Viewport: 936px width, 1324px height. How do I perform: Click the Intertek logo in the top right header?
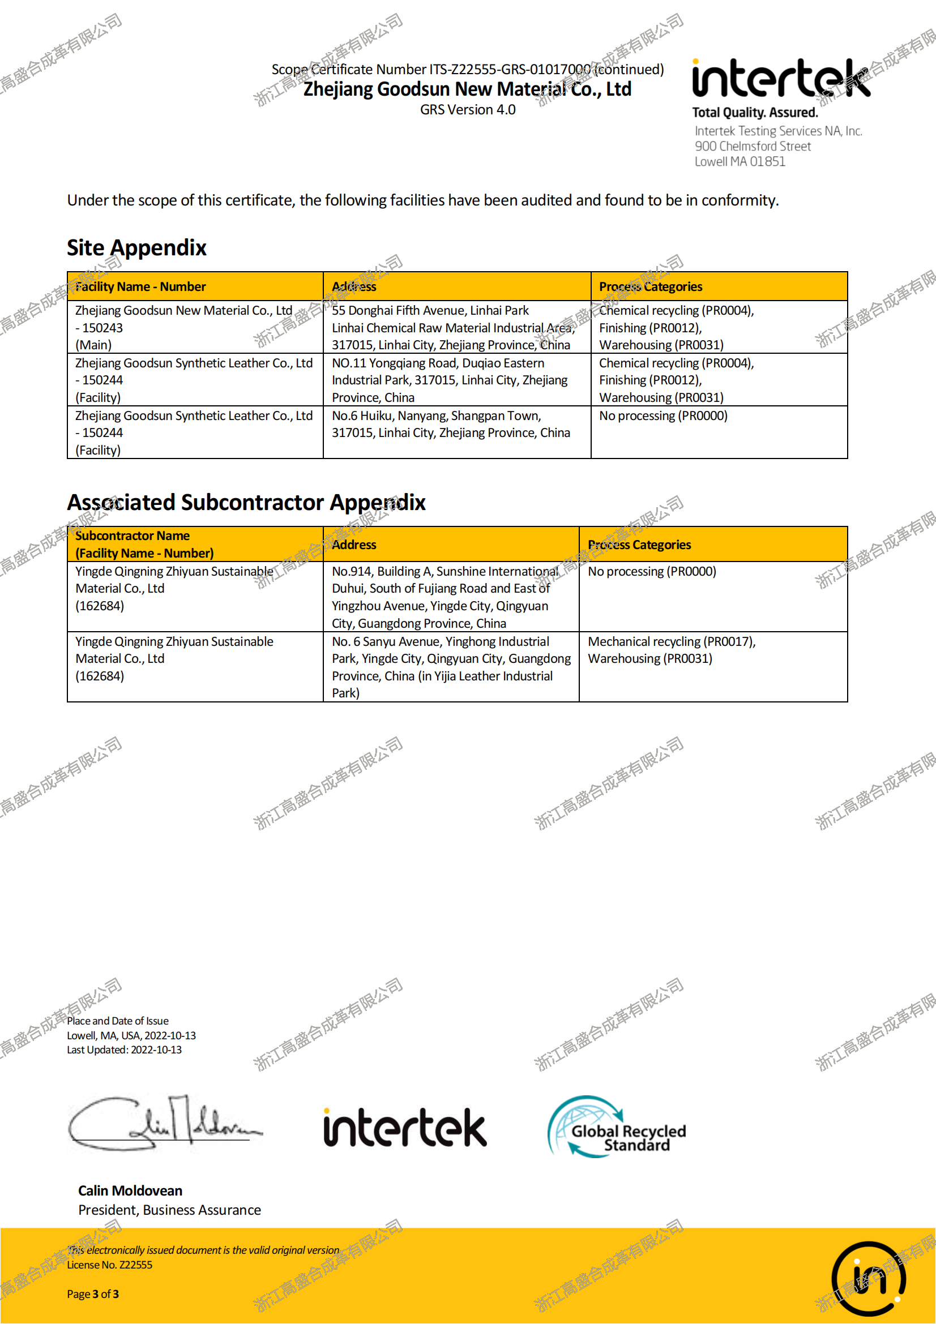tap(781, 79)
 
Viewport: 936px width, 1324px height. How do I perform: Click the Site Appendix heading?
tap(136, 248)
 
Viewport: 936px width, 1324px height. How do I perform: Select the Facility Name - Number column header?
tap(140, 286)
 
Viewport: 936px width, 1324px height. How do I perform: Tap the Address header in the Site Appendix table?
tap(353, 286)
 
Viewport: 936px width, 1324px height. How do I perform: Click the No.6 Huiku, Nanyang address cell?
tap(450, 425)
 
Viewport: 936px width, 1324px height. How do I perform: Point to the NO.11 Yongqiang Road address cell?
tap(450, 380)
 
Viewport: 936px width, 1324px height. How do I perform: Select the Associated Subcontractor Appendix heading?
tap(246, 503)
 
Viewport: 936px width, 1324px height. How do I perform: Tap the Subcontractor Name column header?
tap(144, 545)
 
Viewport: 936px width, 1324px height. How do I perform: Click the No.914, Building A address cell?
tap(445, 597)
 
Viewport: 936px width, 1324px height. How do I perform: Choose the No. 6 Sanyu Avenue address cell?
tap(450, 667)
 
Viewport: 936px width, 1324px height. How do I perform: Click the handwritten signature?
tap(164, 1122)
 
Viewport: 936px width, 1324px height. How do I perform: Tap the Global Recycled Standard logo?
tap(616, 1128)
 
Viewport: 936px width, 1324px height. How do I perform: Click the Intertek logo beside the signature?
tap(405, 1128)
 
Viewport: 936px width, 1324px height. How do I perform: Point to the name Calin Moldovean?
tap(130, 1191)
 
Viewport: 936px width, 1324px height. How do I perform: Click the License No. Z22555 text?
tap(110, 1265)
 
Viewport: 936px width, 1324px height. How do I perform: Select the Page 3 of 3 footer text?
tap(93, 1294)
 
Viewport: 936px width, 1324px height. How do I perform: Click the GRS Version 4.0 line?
tap(468, 110)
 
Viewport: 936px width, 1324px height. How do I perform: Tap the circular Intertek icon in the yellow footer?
tap(868, 1279)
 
